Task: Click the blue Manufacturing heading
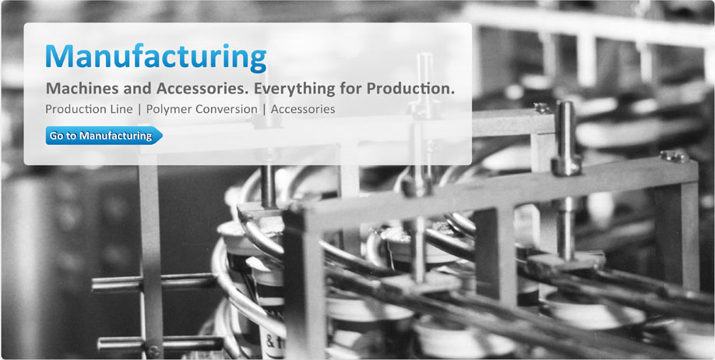(156, 58)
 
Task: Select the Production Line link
(89, 110)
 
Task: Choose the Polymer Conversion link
(202, 110)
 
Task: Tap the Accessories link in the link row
(303, 110)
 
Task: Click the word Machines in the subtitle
(76, 89)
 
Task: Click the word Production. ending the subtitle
(410, 89)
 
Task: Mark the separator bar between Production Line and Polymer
(139, 110)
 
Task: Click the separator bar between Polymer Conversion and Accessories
(264, 110)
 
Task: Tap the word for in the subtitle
(350, 89)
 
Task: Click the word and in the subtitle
(132, 89)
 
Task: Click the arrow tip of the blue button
(162, 136)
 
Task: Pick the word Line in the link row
(123, 110)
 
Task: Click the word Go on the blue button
(55, 136)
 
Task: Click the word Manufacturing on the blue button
(116, 136)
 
